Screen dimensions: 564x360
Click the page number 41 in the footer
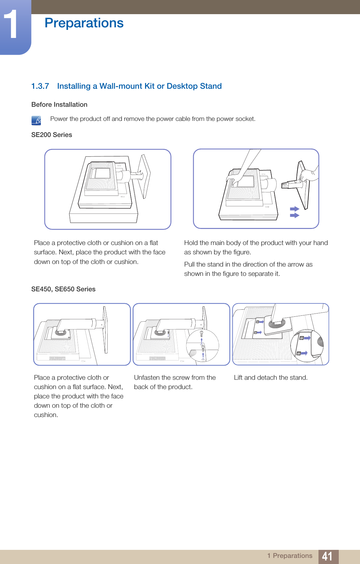[x=327, y=556]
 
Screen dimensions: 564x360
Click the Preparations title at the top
[x=84, y=23]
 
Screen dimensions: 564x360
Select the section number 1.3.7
[x=40, y=86]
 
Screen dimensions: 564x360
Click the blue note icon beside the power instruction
[x=36, y=121]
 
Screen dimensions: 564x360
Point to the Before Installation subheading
[x=59, y=105]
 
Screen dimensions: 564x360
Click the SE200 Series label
[x=51, y=135]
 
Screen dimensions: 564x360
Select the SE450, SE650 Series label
[x=63, y=289]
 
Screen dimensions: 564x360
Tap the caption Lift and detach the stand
[x=271, y=378]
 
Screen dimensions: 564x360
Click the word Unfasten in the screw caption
[x=147, y=378]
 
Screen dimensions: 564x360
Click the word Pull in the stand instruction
[x=189, y=264]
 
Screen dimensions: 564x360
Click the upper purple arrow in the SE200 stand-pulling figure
[x=295, y=209]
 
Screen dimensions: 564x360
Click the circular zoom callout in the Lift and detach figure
[x=307, y=346]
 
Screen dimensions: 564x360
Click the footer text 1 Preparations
[x=290, y=556]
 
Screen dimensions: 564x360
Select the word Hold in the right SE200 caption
[x=191, y=243]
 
